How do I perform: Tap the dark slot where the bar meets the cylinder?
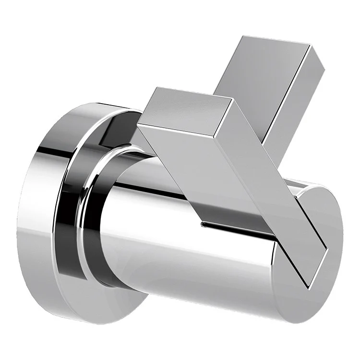click(x=235, y=226)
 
